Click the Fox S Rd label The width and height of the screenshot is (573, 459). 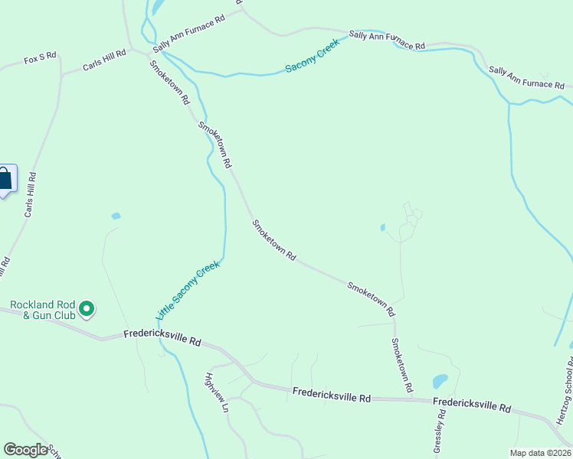[x=41, y=59]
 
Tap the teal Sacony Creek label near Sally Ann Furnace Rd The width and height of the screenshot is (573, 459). [x=312, y=56]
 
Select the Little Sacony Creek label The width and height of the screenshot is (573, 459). [x=188, y=291]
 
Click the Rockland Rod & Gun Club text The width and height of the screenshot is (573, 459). [x=43, y=310]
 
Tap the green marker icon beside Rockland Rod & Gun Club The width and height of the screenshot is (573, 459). [x=87, y=309]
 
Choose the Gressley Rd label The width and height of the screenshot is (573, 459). [x=439, y=436]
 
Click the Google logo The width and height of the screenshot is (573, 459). [x=25, y=450]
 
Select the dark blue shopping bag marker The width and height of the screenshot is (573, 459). [x=5, y=180]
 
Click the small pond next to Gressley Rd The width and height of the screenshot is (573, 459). [x=440, y=380]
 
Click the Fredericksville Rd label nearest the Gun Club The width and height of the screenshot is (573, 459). [x=162, y=338]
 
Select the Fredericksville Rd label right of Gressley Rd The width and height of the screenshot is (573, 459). [x=472, y=405]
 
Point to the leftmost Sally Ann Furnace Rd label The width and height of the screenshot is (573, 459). [x=188, y=32]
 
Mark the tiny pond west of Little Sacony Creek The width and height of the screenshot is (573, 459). [x=116, y=216]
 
